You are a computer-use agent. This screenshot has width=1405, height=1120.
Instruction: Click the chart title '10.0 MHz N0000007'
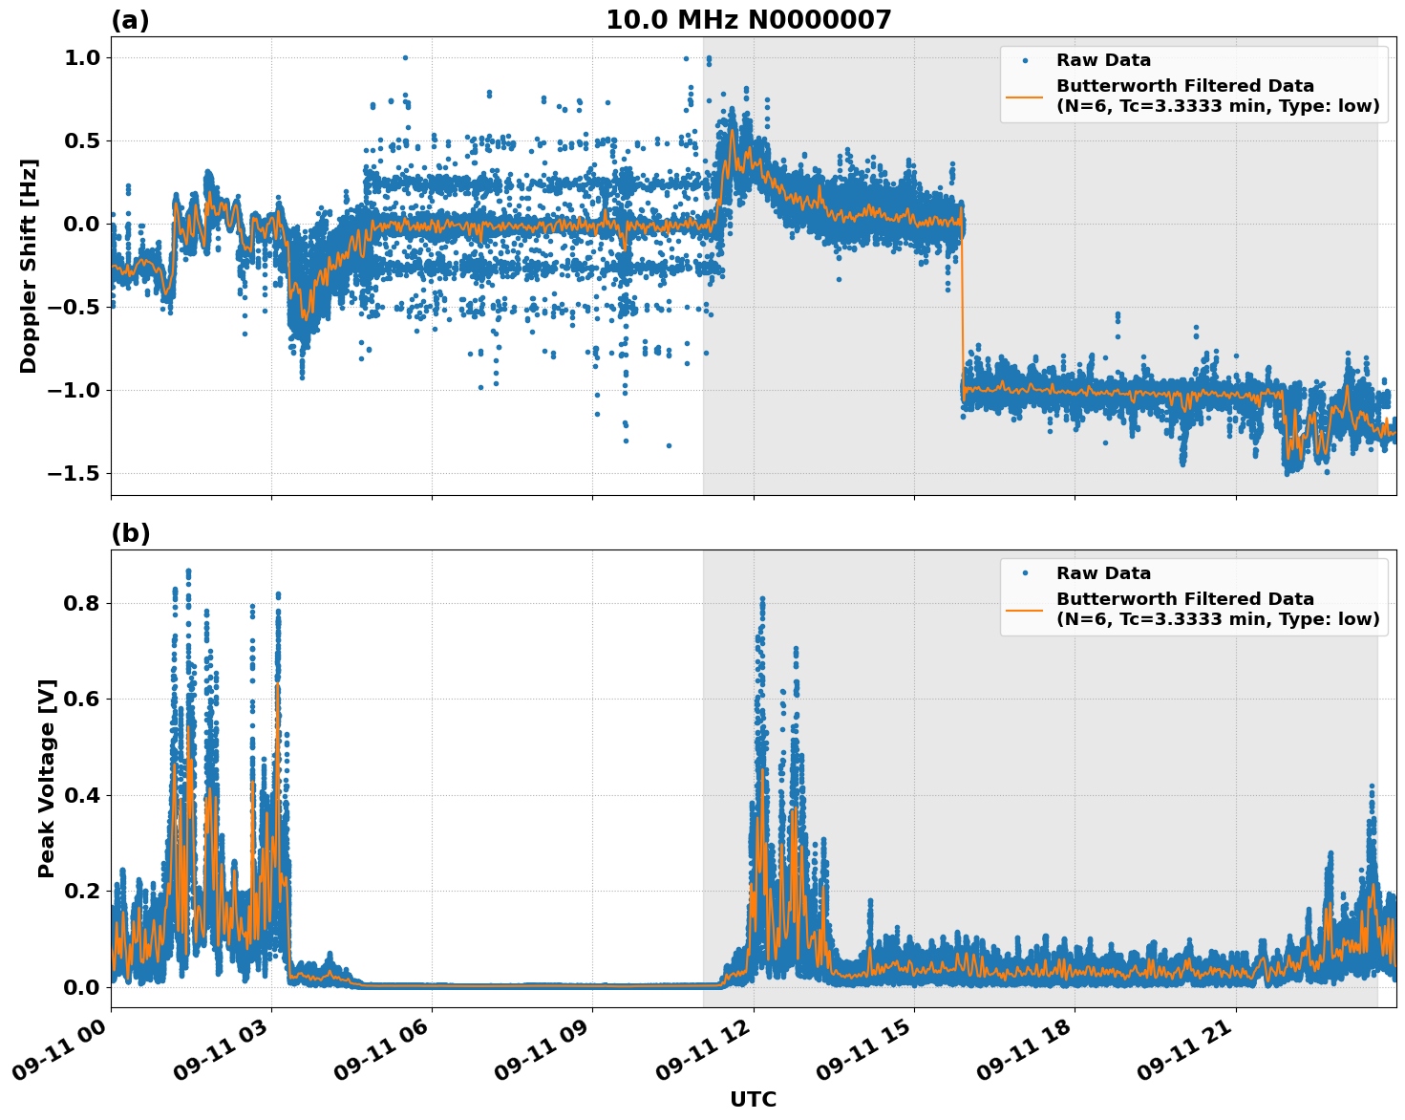748,20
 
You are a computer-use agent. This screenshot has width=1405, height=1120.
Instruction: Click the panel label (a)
130,20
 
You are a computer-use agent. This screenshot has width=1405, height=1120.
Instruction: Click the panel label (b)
130,533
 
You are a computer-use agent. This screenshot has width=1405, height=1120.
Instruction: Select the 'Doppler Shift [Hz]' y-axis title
29,266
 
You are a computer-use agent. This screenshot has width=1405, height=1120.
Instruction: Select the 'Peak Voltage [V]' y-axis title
47,778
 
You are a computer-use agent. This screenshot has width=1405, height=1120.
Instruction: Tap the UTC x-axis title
753,1099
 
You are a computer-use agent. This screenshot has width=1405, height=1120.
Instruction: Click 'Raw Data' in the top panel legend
1103,60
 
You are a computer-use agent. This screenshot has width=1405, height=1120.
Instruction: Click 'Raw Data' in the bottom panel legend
1103,573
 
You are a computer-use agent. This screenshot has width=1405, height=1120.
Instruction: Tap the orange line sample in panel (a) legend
1024,96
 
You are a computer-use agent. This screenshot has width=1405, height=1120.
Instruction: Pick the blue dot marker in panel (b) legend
1024,573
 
